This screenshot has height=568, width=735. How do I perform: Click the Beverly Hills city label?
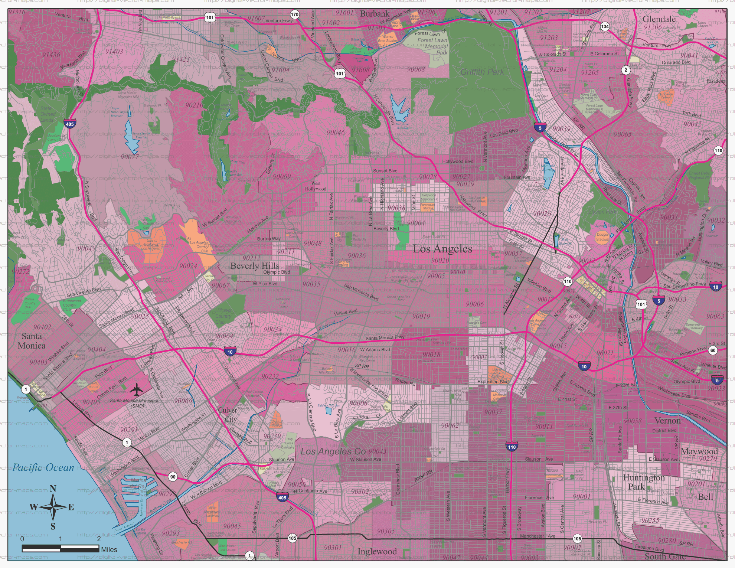[x=255, y=266]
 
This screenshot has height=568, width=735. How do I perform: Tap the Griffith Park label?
[x=482, y=72]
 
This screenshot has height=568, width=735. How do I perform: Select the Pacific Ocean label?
[x=43, y=467]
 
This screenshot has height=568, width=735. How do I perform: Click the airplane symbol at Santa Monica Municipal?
[x=137, y=390]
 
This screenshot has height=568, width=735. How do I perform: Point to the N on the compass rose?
[x=53, y=489]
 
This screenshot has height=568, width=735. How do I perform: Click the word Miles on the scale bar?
[x=109, y=549]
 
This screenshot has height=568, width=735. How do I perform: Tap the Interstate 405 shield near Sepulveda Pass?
[x=70, y=124]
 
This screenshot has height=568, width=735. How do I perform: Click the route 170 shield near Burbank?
[x=294, y=15]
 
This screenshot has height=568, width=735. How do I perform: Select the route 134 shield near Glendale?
[x=605, y=26]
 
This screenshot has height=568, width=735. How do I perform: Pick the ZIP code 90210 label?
[x=195, y=105]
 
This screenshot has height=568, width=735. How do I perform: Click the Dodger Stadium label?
[x=602, y=237]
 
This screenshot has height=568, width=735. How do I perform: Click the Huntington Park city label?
[x=644, y=482]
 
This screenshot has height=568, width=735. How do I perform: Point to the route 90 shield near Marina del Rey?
[x=173, y=477]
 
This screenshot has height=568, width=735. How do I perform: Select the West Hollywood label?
[x=316, y=186]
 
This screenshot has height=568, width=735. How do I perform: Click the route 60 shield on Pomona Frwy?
[x=712, y=350]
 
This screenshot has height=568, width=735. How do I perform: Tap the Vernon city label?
[x=667, y=421]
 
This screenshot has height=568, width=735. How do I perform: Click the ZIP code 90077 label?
[x=130, y=157]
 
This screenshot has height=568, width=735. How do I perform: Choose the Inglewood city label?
[x=377, y=552]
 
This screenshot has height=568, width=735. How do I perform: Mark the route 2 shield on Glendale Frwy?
[x=625, y=70]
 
